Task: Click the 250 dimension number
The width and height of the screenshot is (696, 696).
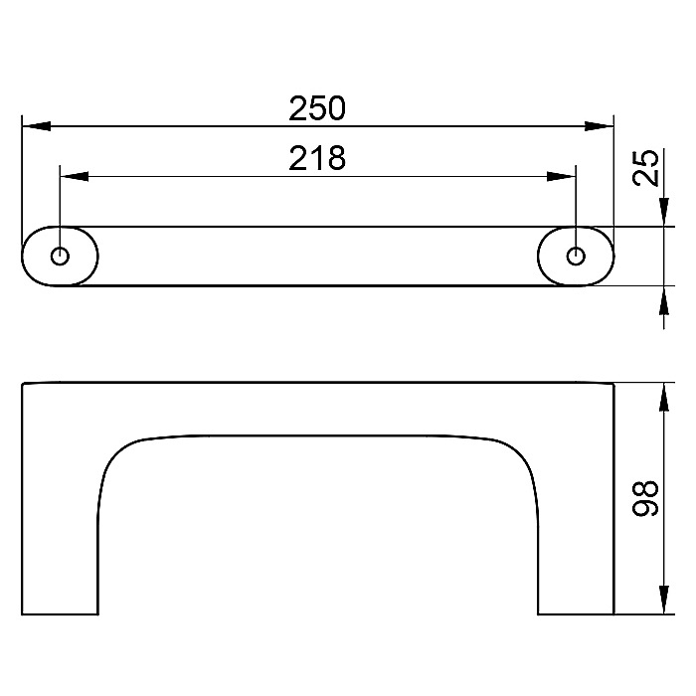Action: [x=317, y=108]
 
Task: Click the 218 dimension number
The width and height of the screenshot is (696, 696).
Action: [x=317, y=158]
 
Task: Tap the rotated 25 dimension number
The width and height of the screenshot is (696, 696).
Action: [x=645, y=167]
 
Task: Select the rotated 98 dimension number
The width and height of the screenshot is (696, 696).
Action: [x=645, y=498]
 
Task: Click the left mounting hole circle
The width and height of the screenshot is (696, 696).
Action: [x=60, y=257]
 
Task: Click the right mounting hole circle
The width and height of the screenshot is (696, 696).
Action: [x=576, y=257]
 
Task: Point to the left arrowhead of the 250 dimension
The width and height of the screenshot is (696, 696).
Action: [x=37, y=126]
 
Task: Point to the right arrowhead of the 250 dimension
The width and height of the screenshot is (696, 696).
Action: [x=599, y=126]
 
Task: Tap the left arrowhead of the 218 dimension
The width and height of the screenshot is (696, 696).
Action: [x=75, y=177]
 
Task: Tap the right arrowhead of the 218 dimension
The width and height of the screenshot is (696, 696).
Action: [x=561, y=177]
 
